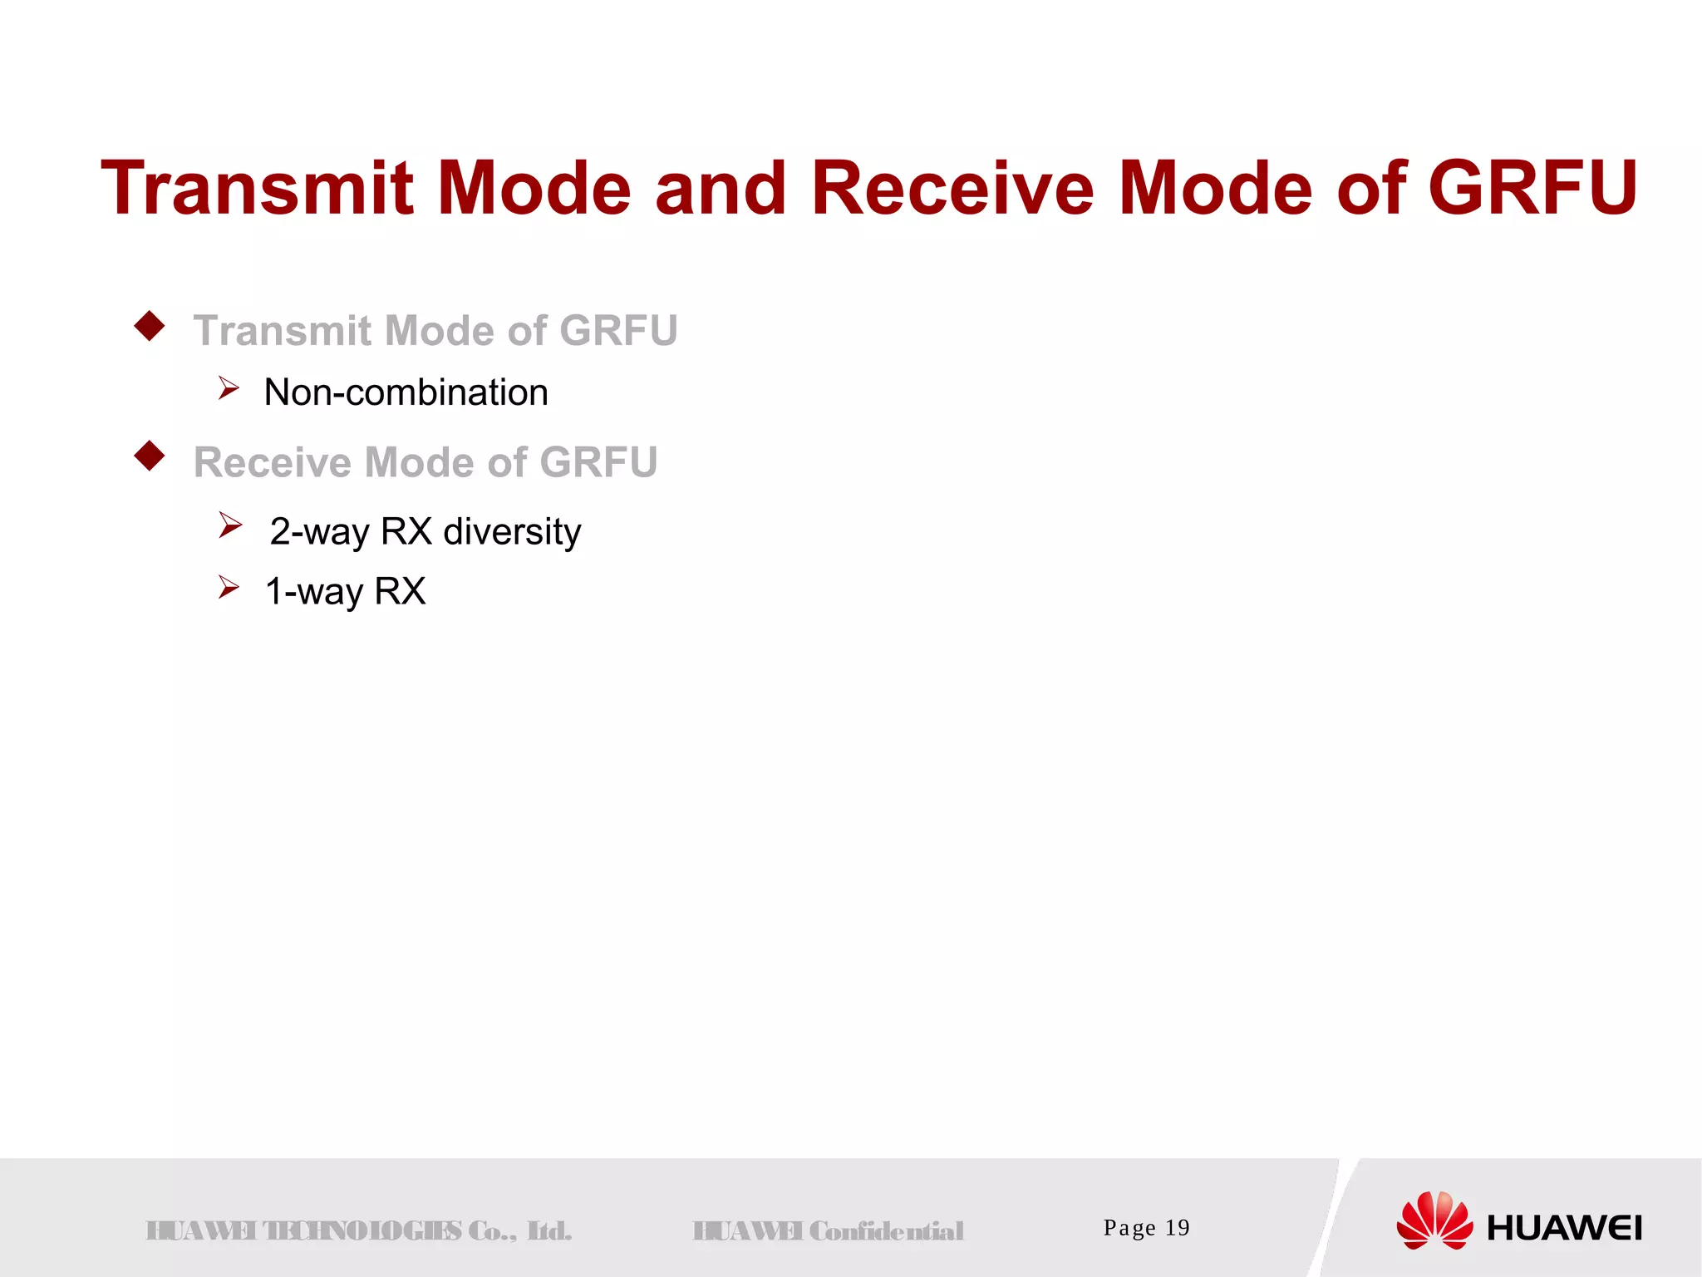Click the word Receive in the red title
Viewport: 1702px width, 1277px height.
[952, 189]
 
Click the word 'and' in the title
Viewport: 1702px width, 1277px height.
[721, 189]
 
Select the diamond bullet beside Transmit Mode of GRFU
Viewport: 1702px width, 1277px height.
[150, 326]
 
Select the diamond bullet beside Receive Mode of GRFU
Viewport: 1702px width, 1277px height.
[150, 456]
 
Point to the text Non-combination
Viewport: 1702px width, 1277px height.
[406, 392]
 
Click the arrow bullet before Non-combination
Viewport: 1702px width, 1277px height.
[229, 387]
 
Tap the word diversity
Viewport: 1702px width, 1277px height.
[512, 532]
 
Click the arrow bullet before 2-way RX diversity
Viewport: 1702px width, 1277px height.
[230, 525]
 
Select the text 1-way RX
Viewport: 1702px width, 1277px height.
[345, 592]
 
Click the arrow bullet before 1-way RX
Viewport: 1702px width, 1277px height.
[229, 587]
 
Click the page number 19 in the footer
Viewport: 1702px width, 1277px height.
[1177, 1228]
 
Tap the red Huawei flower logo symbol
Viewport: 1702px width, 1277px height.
[1434, 1220]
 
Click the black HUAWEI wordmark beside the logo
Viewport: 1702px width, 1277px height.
[1564, 1229]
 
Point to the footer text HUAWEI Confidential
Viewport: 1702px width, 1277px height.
[829, 1230]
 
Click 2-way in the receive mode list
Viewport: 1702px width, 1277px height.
[319, 532]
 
